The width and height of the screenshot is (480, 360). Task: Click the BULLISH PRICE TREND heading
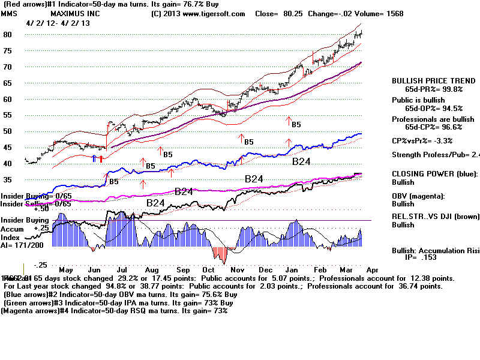[x=430, y=80]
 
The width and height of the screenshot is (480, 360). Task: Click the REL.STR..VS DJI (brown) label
[x=436, y=217]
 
